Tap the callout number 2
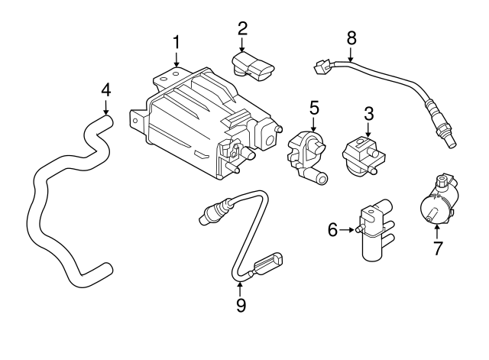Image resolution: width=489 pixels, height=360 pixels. (242, 28)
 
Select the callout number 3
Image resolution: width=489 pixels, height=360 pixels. (368, 113)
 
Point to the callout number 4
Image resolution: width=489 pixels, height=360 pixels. (106, 89)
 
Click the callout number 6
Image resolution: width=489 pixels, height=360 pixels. (332, 229)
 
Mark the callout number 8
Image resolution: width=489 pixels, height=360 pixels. (351, 36)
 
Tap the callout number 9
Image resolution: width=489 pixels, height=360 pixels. (240, 305)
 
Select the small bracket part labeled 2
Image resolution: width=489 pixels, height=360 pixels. (254, 66)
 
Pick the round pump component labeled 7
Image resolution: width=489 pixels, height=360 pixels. (437, 203)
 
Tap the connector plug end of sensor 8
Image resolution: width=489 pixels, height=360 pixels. (321, 67)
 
